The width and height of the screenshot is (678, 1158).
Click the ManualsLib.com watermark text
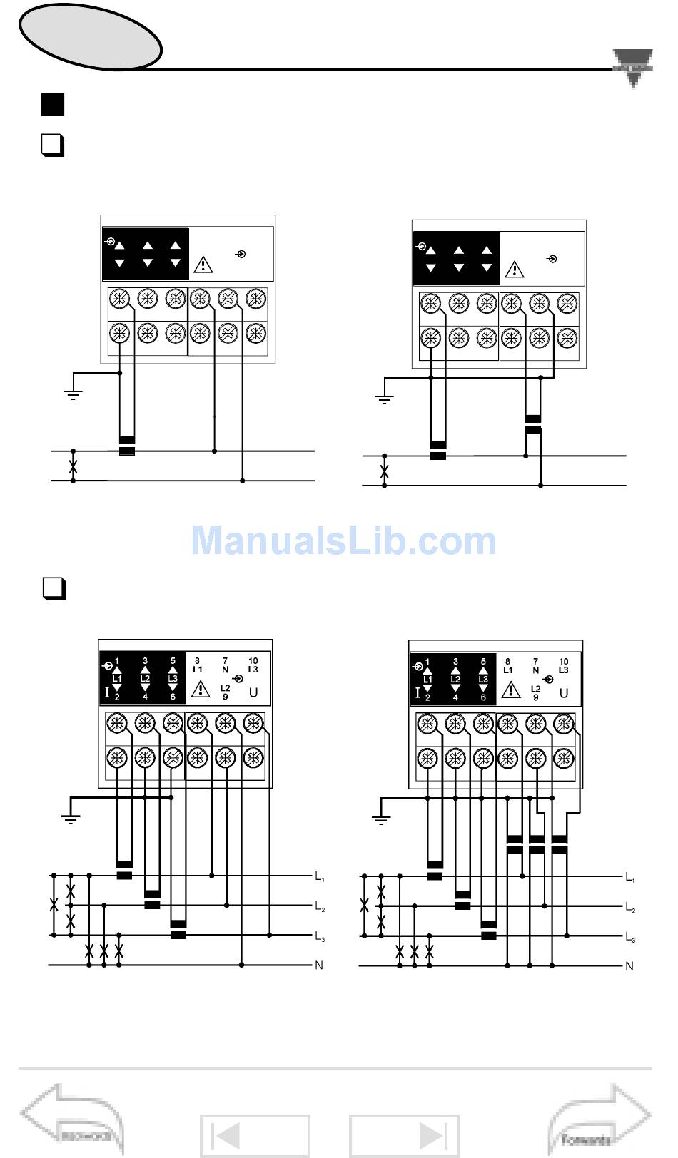pos(343,540)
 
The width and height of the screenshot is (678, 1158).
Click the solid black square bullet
pos(53,105)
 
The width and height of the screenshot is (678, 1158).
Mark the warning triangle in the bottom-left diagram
pos(201,688)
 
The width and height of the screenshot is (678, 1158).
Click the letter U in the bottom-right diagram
pos(563,692)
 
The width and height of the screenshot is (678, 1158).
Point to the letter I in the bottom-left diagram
pos(108,692)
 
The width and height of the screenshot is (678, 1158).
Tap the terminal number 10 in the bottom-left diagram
pos(253,661)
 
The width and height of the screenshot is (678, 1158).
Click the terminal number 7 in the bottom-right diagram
pos(535,662)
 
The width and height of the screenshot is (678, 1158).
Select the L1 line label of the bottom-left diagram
pos(320,876)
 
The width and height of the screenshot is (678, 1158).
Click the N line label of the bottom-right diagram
pos(629,966)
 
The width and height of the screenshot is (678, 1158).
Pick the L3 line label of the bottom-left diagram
pos(320,936)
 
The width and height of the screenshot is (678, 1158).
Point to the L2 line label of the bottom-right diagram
pos(630,907)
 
